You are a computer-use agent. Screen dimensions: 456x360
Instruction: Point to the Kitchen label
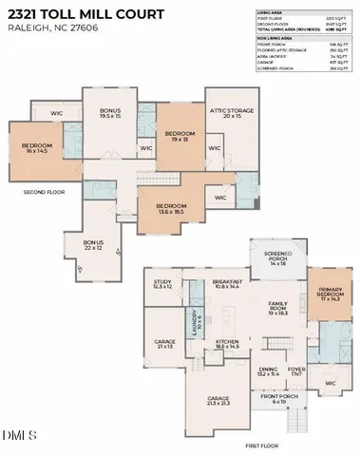click(x=228, y=344)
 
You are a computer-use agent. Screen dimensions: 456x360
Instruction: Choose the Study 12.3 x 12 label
click(x=163, y=284)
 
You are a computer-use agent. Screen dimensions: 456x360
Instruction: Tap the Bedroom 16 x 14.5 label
click(x=37, y=148)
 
